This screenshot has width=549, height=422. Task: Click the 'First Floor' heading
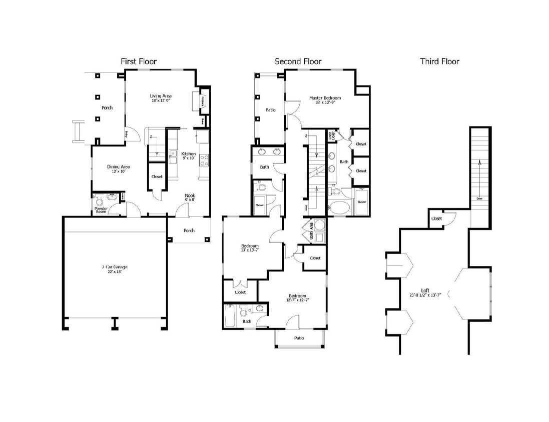(x=139, y=61)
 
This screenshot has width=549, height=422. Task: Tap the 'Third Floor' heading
(x=439, y=61)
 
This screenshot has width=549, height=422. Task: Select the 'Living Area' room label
(x=161, y=96)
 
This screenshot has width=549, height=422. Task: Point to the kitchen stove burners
(x=204, y=160)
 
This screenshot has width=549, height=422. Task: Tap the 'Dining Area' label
(x=119, y=167)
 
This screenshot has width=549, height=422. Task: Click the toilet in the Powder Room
(x=99, y=202)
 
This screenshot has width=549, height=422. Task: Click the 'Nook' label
(x=190, y=195)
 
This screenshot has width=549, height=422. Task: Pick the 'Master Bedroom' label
(x=325, y=98)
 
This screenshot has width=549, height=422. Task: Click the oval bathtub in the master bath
(x=339, y=207)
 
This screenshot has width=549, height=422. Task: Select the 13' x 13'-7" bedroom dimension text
(x=250, y=250)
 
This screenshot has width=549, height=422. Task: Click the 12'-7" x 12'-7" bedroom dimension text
(x=297, y=300)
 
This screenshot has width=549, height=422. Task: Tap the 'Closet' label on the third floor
(x=436, y=218)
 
